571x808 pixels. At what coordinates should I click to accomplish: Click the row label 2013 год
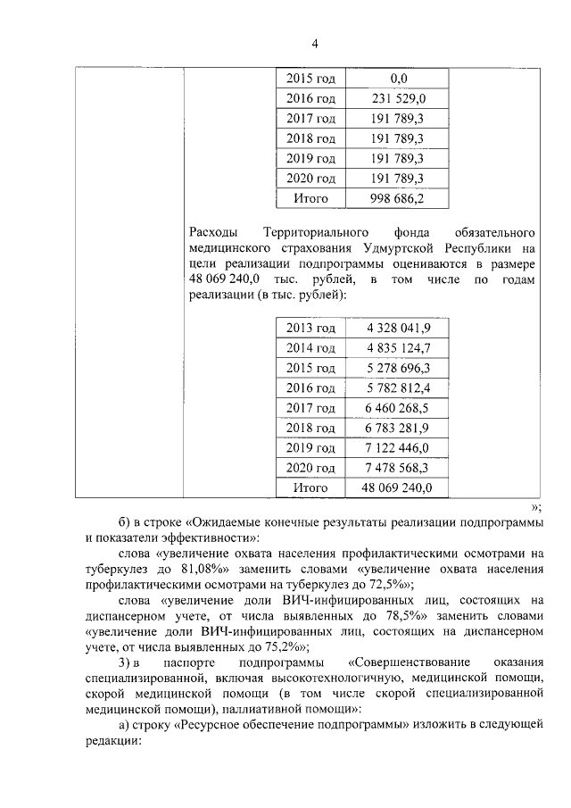tap(310, 329)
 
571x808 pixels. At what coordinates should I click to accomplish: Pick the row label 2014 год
tap(310, 348)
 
